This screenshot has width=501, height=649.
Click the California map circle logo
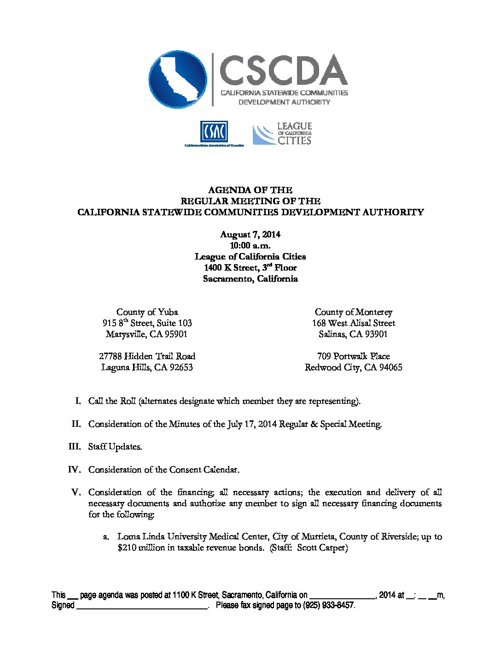[177, 79]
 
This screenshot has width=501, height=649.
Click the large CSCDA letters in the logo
[283, 70]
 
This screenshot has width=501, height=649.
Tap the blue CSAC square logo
[214, 132]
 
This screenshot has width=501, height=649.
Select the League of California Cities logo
[282, 134]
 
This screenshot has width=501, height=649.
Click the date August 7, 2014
[250, 235]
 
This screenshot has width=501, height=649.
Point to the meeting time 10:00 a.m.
[250, 246]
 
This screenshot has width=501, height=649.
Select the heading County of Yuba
[147, 312]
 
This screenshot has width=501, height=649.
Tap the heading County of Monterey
[353, 312]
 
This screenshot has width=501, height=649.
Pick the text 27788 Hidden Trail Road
[147, 356]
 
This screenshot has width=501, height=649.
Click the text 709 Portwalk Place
[353, 356]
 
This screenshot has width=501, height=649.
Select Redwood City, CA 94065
[353, 367]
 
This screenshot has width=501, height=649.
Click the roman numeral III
[75, 447]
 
